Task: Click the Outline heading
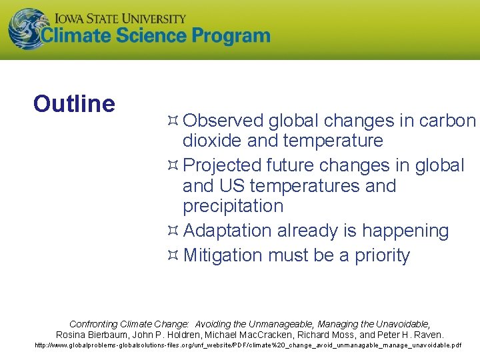tap(74, 104)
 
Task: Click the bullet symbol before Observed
tap(172, 121)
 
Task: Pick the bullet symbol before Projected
tap(172, 165)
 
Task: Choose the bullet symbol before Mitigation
tap(172, 255)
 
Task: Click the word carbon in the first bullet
tap(447, 121)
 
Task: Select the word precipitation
tap(233, 206)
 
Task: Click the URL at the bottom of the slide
tap(247, 346)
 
